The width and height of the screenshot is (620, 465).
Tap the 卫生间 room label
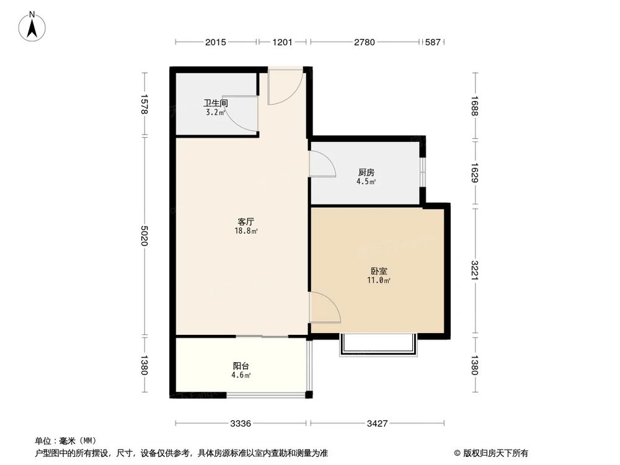pos(216,104)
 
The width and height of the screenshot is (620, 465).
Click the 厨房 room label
pos(366,172)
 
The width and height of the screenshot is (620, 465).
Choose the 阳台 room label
pos(241,366)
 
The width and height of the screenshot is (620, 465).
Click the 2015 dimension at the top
pos(216,42)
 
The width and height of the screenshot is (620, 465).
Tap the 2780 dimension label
pos(365,42)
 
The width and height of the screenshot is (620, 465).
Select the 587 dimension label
pos(432,42)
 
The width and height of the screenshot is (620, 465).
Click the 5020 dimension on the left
pos(144,236)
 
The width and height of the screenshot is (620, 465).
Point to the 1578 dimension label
pos(144,104)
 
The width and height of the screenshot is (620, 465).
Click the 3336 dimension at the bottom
pos(241,424)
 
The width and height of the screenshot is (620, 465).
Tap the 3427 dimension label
pos(377,424)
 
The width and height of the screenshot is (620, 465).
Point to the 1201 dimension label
pos(283,42)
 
